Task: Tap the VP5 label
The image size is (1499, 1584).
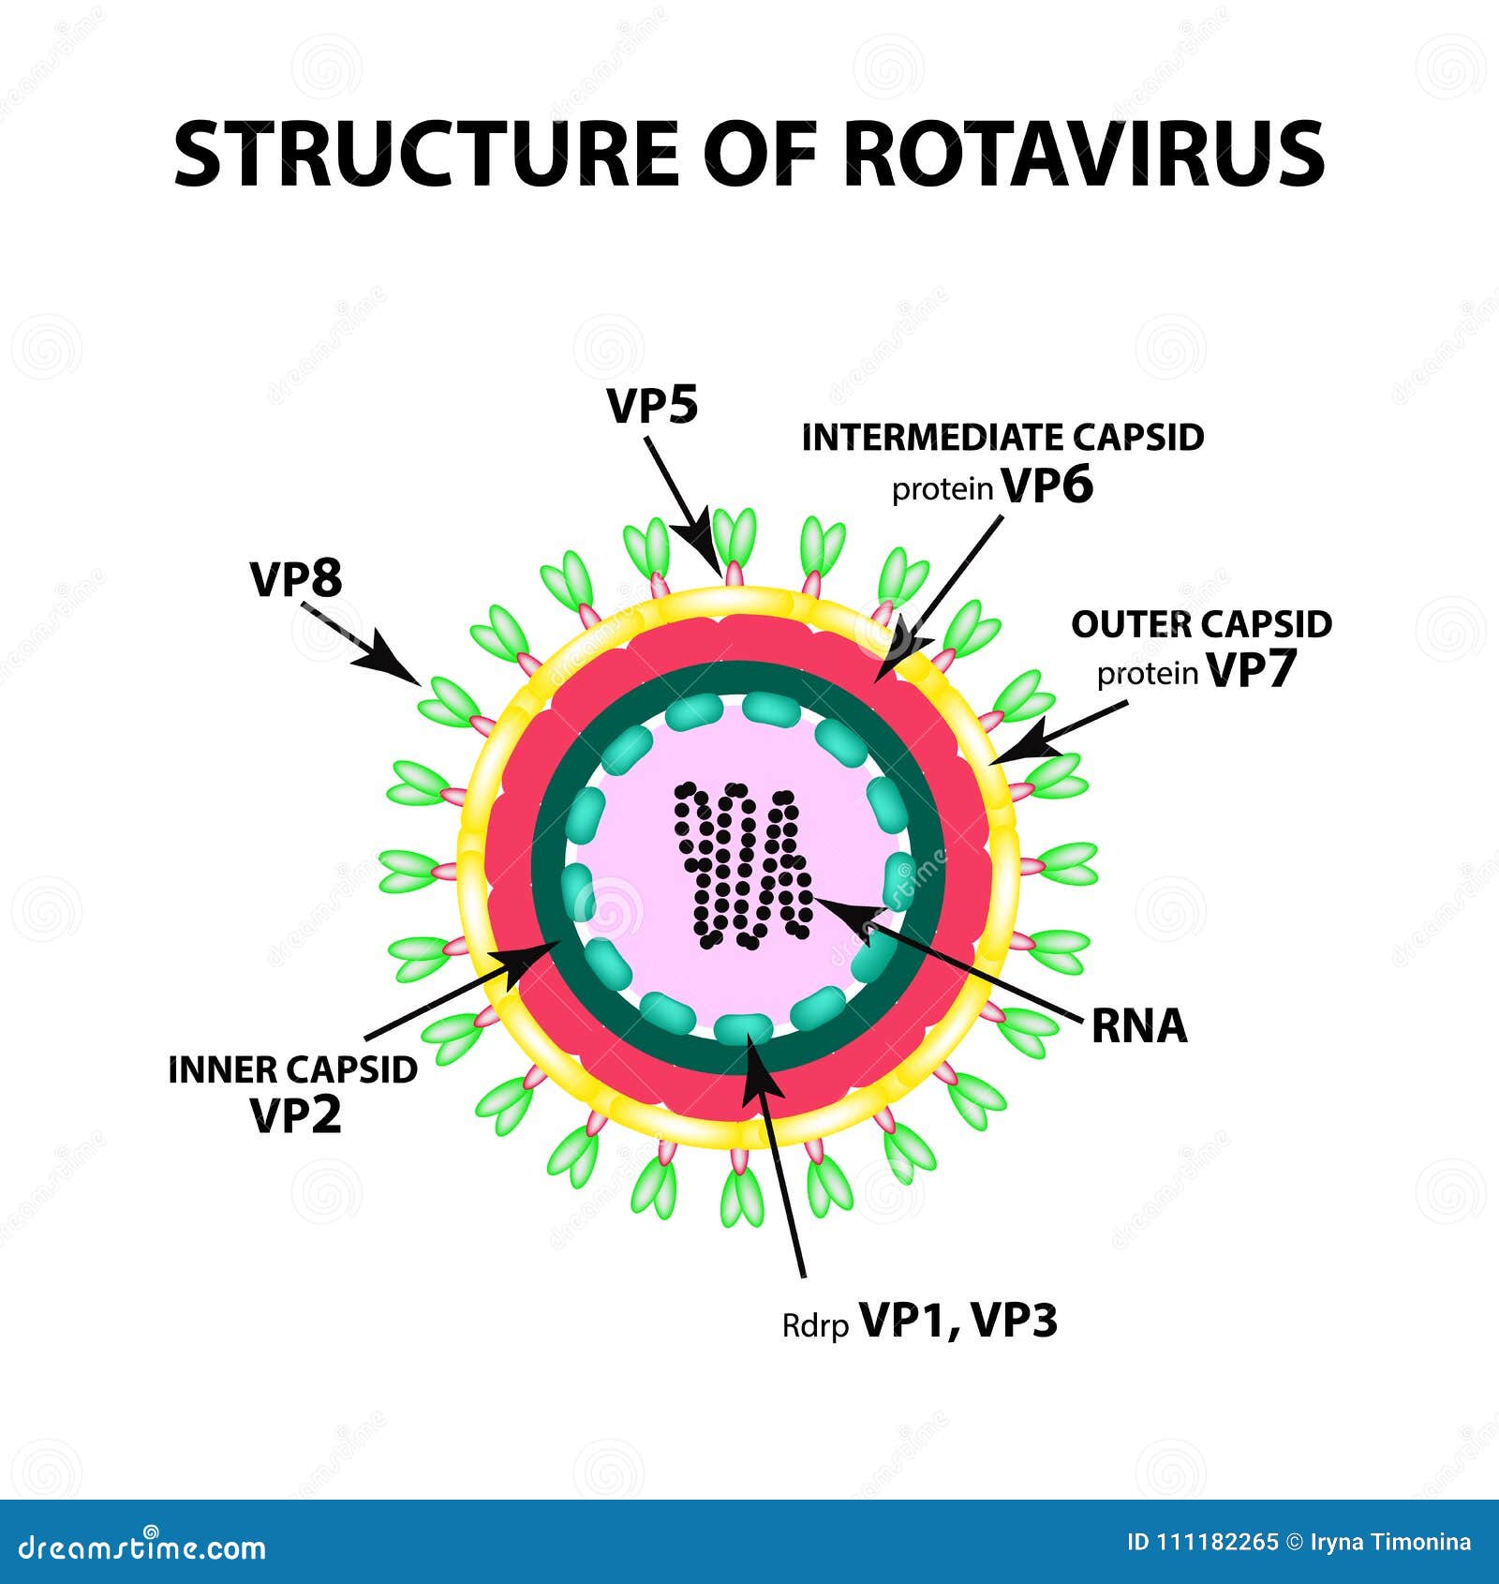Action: pyautogui.click(x=653, y=407)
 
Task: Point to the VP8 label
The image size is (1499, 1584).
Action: pyautogui.click(x=296, y=579)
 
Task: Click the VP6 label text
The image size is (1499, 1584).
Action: pyautogui.click(x=1047, y=486)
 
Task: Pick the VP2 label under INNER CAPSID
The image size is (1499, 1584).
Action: pyautogui.click(x=295, y=1114)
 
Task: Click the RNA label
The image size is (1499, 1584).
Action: pyautogui.click(x=1139, y=1026)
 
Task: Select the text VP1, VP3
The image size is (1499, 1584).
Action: pyautogui.click(x=958, y=1321)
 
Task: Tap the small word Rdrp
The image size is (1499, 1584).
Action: pyautogui.click(x=815, y=1326)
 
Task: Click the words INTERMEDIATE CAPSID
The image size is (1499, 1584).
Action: pyautogui.click(x=1002, y=438)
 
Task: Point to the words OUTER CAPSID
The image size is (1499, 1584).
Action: pyautogui.click(x=1201, y=624)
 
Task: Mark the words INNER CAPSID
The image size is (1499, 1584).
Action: pyautogui.click(x=292, y=1069)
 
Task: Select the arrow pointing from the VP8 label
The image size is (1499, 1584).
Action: pyautogui.click(x=362, y=644)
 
